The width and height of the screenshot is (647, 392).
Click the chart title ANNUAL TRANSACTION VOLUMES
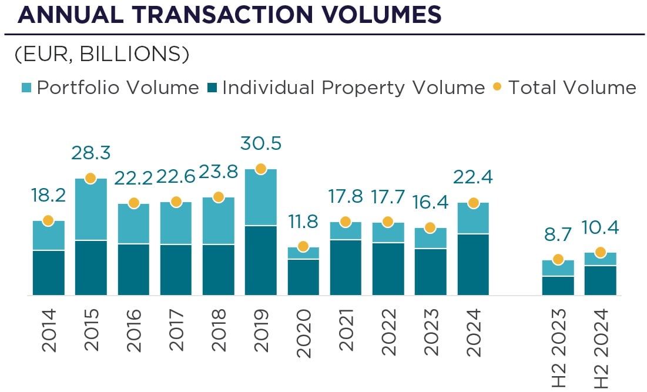229,15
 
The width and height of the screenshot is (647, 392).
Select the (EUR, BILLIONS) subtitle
102,54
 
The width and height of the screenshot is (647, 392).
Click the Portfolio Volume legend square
27,88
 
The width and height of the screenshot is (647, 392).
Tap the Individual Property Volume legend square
213,88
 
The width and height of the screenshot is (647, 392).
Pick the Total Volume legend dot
497,88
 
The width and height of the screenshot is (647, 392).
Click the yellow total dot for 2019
261,169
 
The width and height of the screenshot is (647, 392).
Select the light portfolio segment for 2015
90,209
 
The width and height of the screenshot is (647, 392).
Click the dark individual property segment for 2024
474,264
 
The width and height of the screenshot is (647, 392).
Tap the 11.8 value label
303,222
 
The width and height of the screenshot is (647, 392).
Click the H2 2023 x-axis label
558,347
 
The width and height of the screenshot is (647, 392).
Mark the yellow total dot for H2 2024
601,252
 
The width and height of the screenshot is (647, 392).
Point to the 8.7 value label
558,236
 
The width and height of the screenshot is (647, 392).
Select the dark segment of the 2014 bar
48,273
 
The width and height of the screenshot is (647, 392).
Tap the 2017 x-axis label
176,330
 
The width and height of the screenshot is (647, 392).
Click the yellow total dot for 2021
346,222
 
